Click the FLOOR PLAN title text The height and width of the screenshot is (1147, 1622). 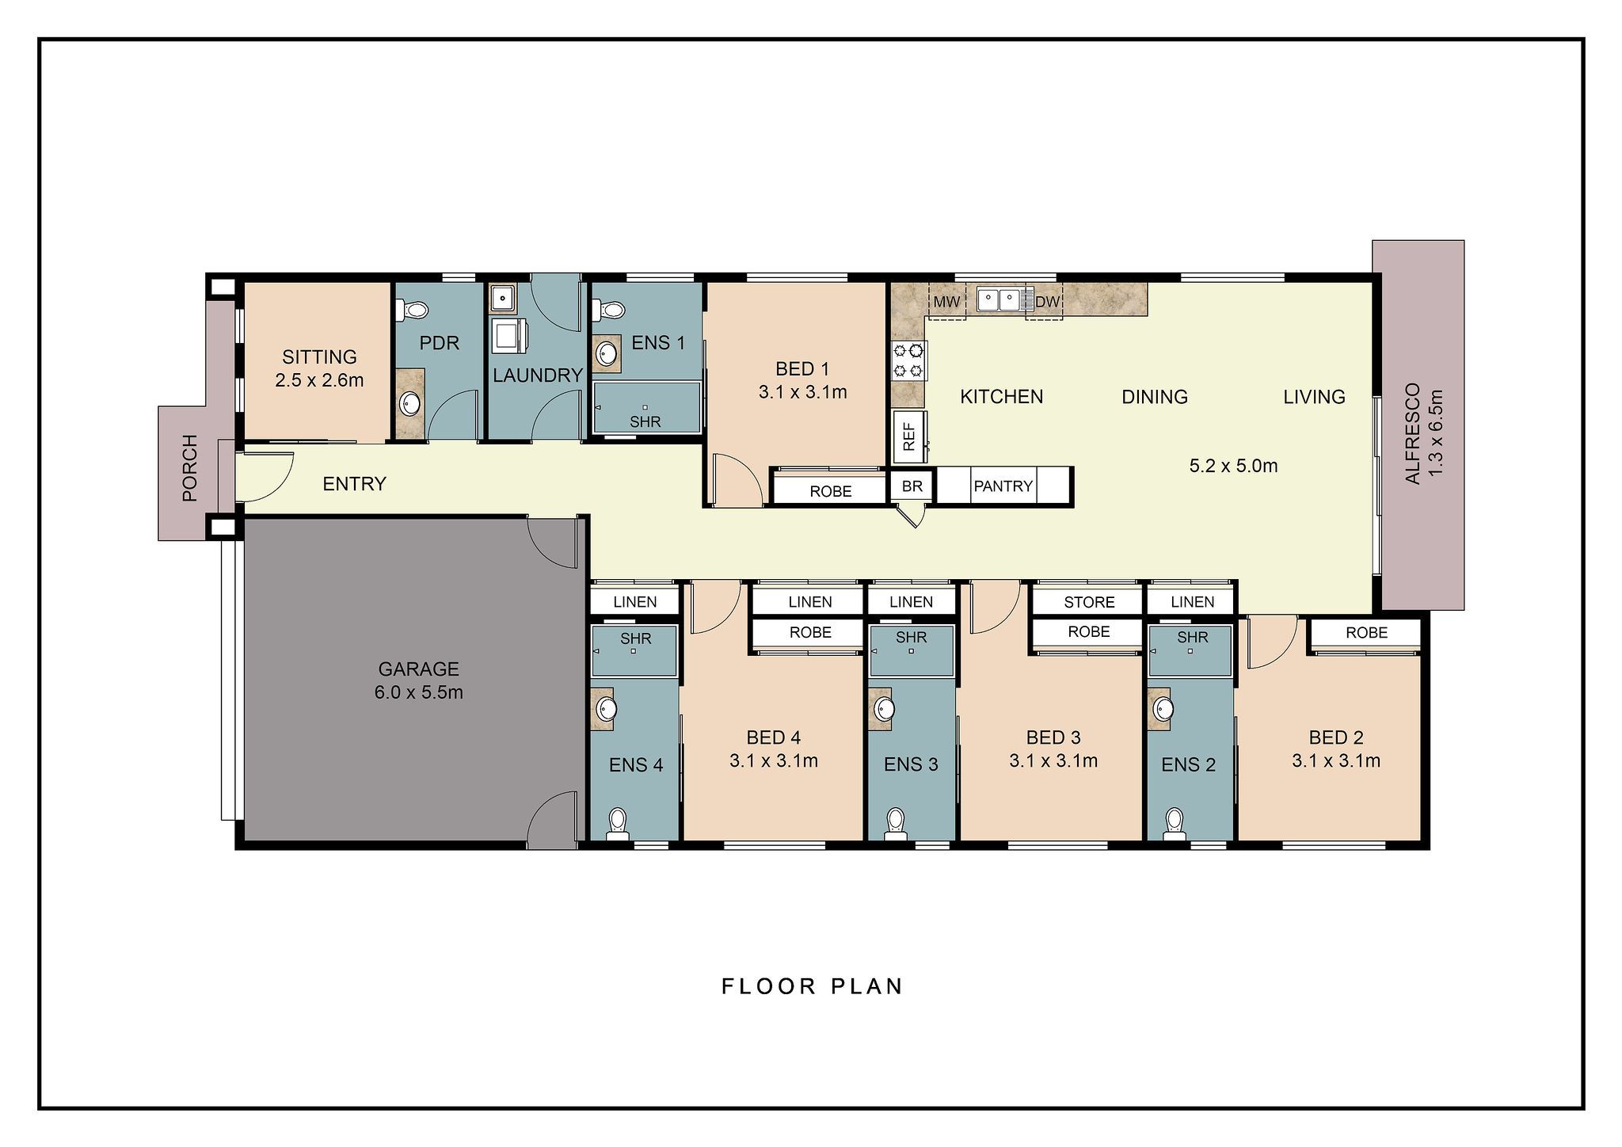click(812, 986)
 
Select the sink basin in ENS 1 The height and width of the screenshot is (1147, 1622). click(607, 352)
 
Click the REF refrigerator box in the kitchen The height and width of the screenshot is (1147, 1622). click(909, 436)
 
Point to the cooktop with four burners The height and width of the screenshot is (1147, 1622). click(908, 360)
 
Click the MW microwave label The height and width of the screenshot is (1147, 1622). click(946, 302)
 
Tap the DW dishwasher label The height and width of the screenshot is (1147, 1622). click(1047, 302)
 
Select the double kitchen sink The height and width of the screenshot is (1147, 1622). click(999, 299)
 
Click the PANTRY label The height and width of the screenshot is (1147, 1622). click(1003, 486)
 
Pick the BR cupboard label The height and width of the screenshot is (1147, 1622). click(912, 486)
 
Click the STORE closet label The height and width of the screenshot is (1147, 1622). click(1089, 602)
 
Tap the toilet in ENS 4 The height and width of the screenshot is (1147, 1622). click(617, 824)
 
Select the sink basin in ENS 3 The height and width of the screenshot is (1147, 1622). click(884, 707)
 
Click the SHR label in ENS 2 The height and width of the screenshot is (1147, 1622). click(1192, 638)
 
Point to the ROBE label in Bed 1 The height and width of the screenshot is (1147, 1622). click(830, 492)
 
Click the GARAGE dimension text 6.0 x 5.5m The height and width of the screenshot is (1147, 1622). click(418, 692)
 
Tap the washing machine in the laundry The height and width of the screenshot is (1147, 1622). click(505, 336)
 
